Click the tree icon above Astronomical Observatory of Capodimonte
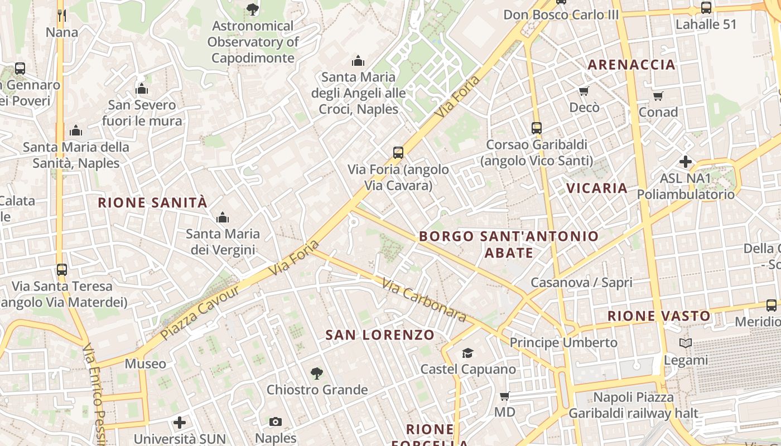(x=253, y=9)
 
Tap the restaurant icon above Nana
(x=62, y=15)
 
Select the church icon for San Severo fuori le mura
(x=142, y=89)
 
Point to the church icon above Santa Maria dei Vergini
(x=223, y=217)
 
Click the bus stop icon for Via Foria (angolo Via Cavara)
(x=398, y=152)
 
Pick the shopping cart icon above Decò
(x=584, y=91)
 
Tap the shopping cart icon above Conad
(x=658, y=96)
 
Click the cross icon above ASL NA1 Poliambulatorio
(x=686, y=162)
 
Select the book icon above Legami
(x=686, y=343)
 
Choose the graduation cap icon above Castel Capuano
(x=467, y=353)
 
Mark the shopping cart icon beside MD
(x=505, y=396)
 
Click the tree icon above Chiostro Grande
(x=317, y=373)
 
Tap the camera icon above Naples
(x=276, y=421)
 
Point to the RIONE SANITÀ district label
(x=152, y=202)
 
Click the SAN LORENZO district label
(x=380, y=335)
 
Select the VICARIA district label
(x=597, y=188)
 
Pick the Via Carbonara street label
(x=425, y=300)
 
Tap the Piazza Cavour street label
(x=200, y=313)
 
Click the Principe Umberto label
(x=563, y=342)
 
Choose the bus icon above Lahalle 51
(x=706, y=8)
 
